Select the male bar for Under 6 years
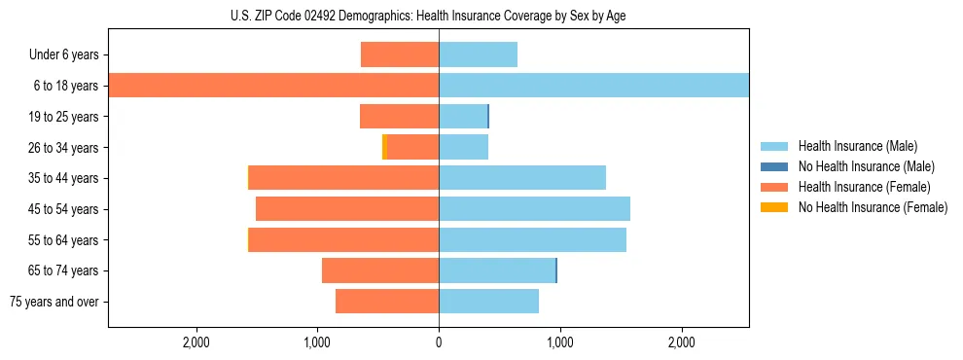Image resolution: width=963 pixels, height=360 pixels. pyautogui.click(x=478, y=54)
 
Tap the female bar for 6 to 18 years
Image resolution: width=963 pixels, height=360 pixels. pyautogui.click(x=273, y=86)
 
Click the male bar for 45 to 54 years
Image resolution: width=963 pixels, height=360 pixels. pyautogui.click(x=534, y=209)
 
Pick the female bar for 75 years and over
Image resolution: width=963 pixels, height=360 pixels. pyautogui.click(x=387, y=302)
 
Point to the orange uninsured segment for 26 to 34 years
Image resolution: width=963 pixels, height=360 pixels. pyautogui.click(x=384, y=147)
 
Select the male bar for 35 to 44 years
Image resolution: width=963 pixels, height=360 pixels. pyautogui.click(x=522, y=178)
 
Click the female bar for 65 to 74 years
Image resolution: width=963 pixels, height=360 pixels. pyautogui.click(x=380, y=270)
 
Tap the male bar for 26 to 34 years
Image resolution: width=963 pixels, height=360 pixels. pyautogui.click(x=463, y=147)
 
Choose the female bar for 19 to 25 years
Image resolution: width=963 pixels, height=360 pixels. pyautogui.click(x=399, y=117)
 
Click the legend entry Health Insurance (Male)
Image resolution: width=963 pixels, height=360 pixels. pyautogui.click(x=857, y=146)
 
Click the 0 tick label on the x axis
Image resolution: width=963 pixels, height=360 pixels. pyautogui.click(x=439, y=342)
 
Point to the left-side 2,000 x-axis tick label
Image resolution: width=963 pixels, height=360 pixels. pyautogui.click(x=196, y=342)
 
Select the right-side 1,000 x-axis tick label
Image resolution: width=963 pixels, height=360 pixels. pyautogui.click(x=559, y=342)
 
